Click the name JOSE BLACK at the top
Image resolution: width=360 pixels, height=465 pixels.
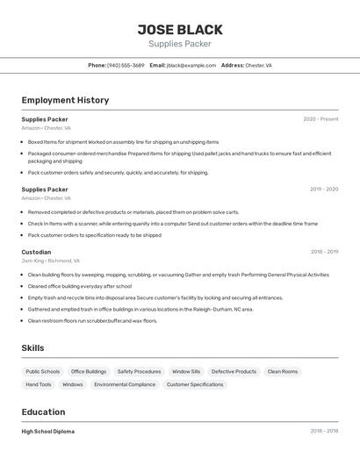(x=180, y=29)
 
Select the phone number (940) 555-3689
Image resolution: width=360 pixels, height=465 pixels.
(x=126, y=66)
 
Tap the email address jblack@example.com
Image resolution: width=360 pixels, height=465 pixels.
(x=191, y=66)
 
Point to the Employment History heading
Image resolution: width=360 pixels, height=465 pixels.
(x=65, y=100)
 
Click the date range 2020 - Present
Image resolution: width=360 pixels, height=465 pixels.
(x=320, y=119)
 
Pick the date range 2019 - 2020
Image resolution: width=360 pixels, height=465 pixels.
(x=324, y=190)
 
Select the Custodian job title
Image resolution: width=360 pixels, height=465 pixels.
(x=36, y=252)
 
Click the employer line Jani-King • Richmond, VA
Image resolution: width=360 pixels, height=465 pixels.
(x=50, y=261)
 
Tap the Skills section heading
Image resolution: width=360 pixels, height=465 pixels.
(x=32, y=348)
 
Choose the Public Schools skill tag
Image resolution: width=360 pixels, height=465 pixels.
(x=43, y=371)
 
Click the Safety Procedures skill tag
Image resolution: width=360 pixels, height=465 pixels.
(x=139, y=371)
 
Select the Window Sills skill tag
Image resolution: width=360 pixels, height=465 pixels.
(x=186, y=371)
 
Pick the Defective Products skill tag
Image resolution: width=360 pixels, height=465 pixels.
(x=234, y=371)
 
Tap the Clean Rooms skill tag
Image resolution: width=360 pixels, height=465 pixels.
(x=283, y=371)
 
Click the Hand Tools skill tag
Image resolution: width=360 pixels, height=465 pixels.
(x=39, y=384)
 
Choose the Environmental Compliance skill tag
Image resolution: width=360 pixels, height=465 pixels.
(x=125, y=384)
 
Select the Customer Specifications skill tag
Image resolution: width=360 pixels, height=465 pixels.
(x=195, y=384)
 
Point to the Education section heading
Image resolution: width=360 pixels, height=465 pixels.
(x=43, y=412)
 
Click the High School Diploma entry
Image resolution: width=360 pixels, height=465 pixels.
(x=48, y=432)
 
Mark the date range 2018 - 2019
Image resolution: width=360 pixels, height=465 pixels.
(x=324, y=252)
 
